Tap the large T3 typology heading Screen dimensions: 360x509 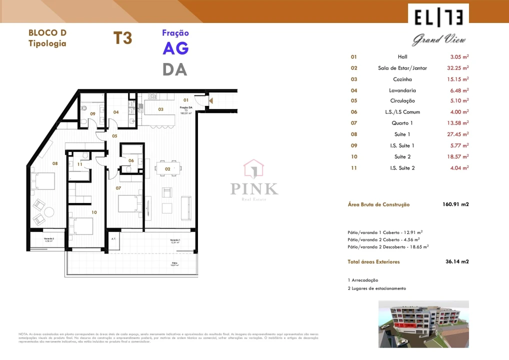click(122, 38)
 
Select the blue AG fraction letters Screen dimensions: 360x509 click(175, 48)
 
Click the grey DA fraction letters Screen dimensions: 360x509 click(175, 69)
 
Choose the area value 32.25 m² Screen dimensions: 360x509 click(457, 68)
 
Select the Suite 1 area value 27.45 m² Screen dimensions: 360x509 click(457, 134)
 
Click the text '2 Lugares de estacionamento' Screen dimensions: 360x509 click(376, 288)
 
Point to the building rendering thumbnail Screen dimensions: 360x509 click(423, 323)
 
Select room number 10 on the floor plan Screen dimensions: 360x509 click(93, 212)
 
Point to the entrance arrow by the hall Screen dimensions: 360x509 click(211, 101)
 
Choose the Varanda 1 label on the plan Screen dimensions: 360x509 click(174, 240)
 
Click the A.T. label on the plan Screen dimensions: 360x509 click(113, 239)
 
